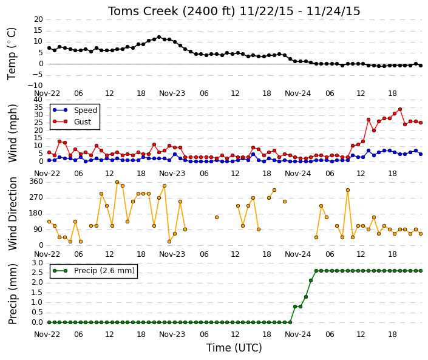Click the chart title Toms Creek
click(x=143, y=12)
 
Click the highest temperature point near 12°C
click(x=159, y=37)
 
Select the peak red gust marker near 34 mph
click(x=400, y=109)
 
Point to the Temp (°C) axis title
click(x=12, y=54)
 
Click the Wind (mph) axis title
click(x=12, y=133)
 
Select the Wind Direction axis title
click(x=12, y=214)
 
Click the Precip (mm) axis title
click(x=12, y=294)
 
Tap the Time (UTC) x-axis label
click(x=234, y=348)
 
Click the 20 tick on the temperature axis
click(x=38, y=19)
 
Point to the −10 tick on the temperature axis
click(x=35, y=86)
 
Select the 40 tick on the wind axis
click(x=38, y=100)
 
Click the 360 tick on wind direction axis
click(x=37, y=182)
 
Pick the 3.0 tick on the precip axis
click(x=38, y=263)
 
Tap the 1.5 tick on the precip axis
click(x=38, y=293)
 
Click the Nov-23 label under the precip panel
click(x=172, y=335)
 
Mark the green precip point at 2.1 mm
click(x=311, y=280)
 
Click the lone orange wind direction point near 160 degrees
click(x=217, y=217)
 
